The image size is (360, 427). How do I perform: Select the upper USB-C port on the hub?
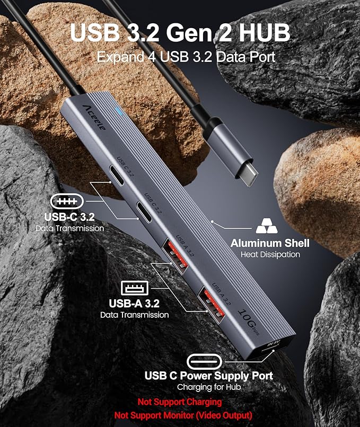coord(116,175)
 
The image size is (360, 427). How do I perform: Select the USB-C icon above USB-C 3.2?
coord(67,201)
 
